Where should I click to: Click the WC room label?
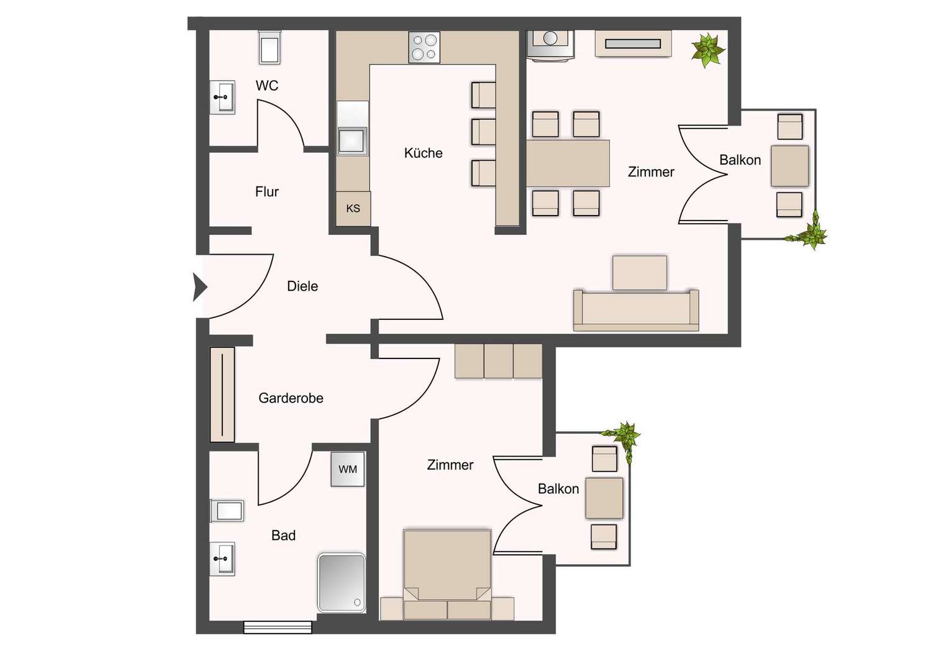click(x=266, y=86)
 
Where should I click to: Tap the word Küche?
click(x=423, y=153)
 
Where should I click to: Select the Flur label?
click(x=266, y=192)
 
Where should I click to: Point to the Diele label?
click(x=302, y=286)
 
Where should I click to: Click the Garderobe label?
click(x=291, y=398)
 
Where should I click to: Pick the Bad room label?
click(x=283, y=536)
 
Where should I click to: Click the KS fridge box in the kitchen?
click(x=353, y=209)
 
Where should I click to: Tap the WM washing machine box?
click(x=347, y=469)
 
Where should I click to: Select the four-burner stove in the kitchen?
click(x=424, y=47)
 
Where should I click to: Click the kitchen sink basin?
click(x=352, y=140)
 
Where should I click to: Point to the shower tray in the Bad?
click(x=341, y=582)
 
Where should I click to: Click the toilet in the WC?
click(x=270, y=48)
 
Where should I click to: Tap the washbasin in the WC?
click(x=222, y=98)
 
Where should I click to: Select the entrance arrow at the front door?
click(x=200, y=287)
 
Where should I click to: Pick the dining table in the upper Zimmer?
click(x=568, y=163)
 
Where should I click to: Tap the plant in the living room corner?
click(x=707, y=50)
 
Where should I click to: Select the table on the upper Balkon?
click(x=789, y=166)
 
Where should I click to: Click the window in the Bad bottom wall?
click(x=278, y=628)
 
